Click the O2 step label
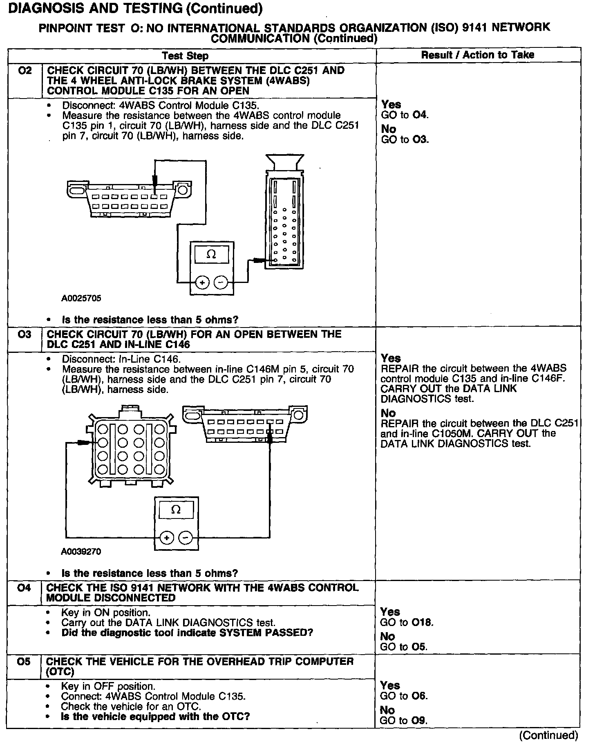tap(25, 71)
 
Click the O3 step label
tap(25, 334)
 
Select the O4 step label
tap(25, 588)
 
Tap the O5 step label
tap(25, 662)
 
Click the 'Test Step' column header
tap(185, 56)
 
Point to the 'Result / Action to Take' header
tap(478, 55)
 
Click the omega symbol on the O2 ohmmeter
tap(211, 254)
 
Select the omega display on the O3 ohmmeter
tap(176, 510)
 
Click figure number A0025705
tap(81, 298)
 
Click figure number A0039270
tap(81, 552)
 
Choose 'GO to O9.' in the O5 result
tap(404, 720)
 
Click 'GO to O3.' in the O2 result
tap(405, 139)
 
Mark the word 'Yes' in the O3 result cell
tap(391, 358)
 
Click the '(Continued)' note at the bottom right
tap(548, 735)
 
